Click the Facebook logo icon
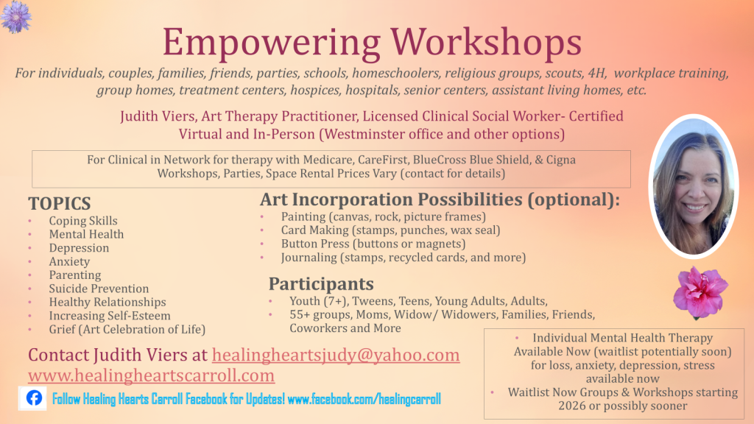(x=34, y=398)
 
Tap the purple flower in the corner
(x=16, y=16)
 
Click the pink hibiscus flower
(x=700, y=293)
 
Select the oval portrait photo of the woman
(x=693, y=186)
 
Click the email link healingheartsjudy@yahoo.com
(x=336, y=355)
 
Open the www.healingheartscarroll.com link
(x=152, y=375)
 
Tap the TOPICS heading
(x=60, y=203)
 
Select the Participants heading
(x=321, y=283)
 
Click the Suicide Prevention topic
(x=99, y=289)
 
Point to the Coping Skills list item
(x=83, y=221)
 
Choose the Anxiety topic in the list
(x=69, y=261)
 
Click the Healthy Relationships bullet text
(x=108, y=302)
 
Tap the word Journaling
(x=309, y=258)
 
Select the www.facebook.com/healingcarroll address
(x=364, y=399)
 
